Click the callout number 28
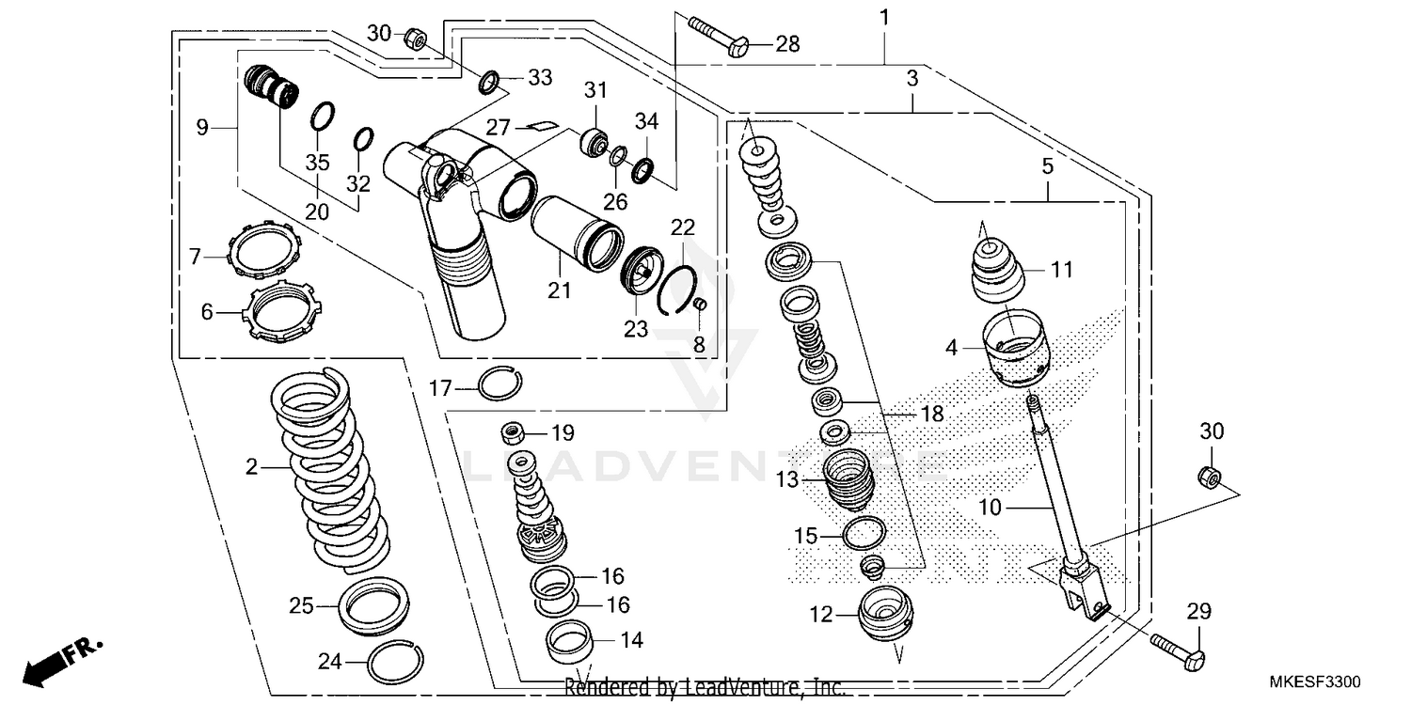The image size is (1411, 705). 787,44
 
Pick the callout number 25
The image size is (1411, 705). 301,606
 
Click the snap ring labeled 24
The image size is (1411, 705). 390,664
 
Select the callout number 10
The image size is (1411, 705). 990,509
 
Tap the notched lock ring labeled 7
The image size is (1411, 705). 264,250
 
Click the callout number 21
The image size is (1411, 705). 560,291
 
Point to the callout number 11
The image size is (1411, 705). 1061,271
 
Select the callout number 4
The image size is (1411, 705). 951,348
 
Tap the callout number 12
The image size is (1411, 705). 821,615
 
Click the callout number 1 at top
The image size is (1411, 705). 883,16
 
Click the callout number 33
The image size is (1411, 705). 539,78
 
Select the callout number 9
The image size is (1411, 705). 202,128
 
